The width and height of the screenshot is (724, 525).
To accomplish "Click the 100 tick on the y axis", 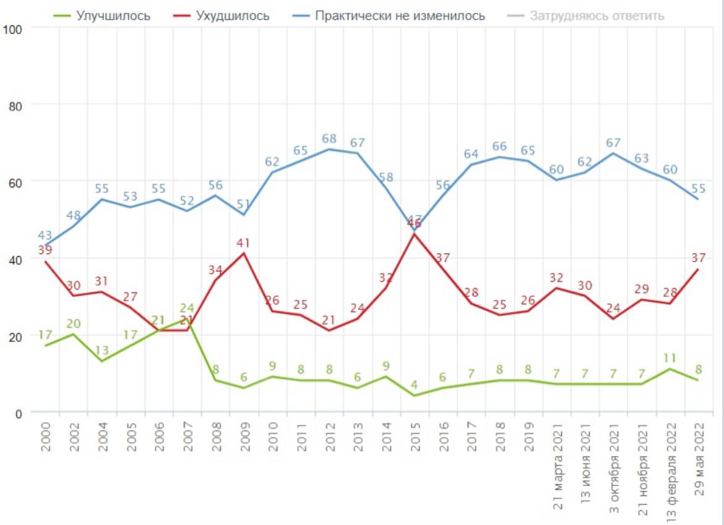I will point(12,28).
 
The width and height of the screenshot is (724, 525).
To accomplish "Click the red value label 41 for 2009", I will point(244,242).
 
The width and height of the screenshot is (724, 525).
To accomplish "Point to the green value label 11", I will point(670,357).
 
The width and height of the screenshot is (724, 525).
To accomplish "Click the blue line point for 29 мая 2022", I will point(698,199).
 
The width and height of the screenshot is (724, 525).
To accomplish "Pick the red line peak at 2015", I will point(414,234).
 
